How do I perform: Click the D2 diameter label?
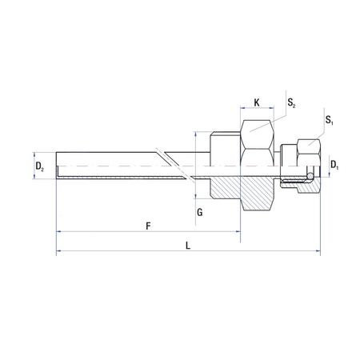(39, 166)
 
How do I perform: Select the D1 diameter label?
(334, 166)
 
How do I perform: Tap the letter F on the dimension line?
(148, 226)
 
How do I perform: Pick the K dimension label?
(256, 102)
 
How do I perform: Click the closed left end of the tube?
(58, 165)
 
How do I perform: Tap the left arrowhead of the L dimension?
(59, 252)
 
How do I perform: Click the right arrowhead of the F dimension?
(238, 232)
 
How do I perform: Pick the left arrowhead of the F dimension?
(59, 232)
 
